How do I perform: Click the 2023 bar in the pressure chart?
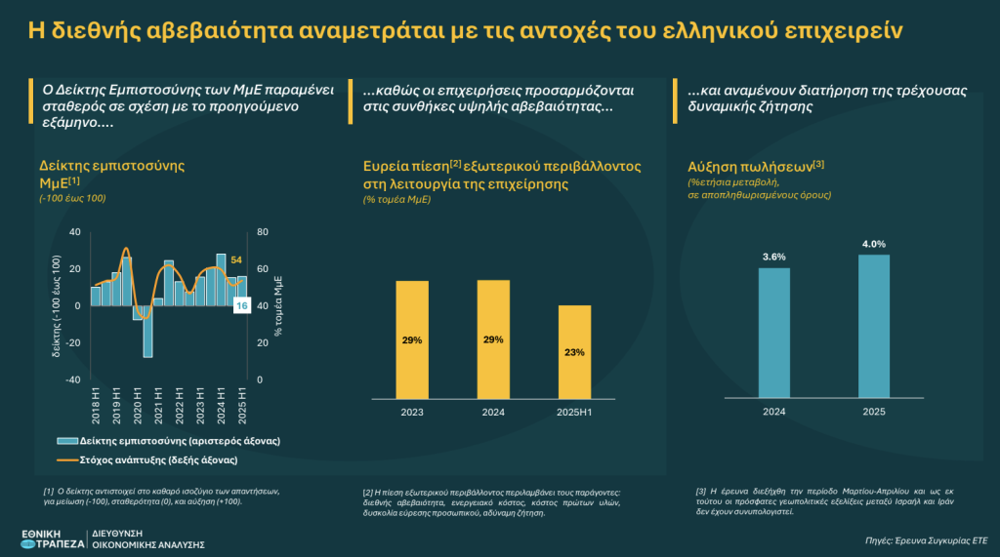412,339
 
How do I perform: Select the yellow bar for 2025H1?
574,351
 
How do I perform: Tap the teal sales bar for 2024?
773,333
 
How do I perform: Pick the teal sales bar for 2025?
874,326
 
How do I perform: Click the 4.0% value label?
874,244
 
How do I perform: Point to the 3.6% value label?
773,257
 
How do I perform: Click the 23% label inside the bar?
574,352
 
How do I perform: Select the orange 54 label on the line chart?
235,260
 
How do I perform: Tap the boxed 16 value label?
242,305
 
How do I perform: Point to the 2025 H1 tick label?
242,404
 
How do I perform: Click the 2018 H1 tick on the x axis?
95,404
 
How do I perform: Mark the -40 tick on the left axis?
74,379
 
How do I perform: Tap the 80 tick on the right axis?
263,232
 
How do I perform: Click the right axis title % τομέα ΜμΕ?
279,305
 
